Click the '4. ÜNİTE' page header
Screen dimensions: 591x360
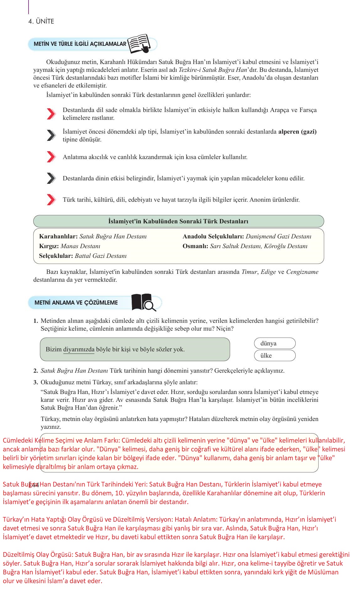point(41,21)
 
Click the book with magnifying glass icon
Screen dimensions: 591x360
point(144,302)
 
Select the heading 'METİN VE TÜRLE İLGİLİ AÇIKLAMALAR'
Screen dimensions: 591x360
point(80,44)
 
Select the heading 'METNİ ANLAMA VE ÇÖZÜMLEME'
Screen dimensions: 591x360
point(76,303)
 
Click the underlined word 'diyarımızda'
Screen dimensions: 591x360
point(79,349)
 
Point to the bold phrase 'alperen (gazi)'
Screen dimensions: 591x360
point(297,132)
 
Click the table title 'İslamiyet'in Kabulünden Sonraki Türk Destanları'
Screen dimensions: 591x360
point(178,221)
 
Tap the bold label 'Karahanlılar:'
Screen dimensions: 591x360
point(58,237)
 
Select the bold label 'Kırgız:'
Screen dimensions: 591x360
point(49,246)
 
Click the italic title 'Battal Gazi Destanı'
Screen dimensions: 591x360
point(101,256)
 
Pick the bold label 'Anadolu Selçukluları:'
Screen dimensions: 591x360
point(213,237)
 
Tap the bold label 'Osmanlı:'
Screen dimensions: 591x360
point(195,246)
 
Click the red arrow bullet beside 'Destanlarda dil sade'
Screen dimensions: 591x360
point(51,114)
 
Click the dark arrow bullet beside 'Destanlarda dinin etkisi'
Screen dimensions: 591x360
point(51,178)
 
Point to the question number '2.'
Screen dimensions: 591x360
point(36,371)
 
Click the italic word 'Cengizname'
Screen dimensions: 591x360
point(302,272)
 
